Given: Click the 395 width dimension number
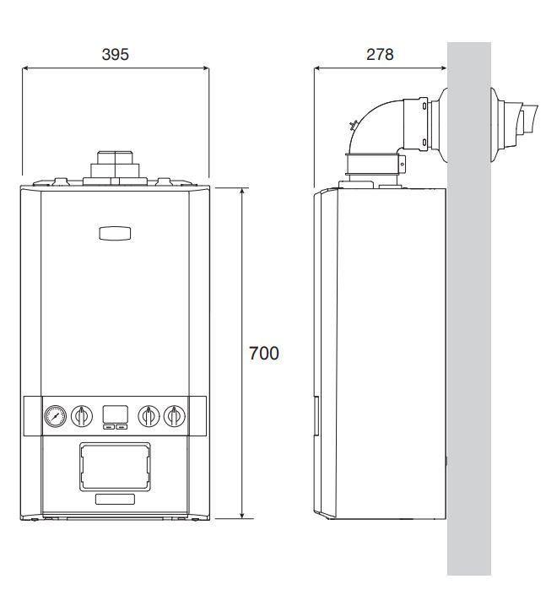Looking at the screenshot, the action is (116, 54).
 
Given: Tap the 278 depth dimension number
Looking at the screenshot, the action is (380, 54).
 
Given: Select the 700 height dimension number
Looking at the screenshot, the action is (264, 354).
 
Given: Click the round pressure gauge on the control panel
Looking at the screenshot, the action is (56, 416).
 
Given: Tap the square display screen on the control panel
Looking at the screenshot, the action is (115, 414).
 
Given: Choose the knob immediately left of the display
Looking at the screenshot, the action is (82, 416).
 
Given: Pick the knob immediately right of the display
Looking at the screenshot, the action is (149, 416).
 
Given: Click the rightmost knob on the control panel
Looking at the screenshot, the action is (175, 416).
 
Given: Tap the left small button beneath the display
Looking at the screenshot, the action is (109, 427).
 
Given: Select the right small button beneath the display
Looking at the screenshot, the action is (122, 427).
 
